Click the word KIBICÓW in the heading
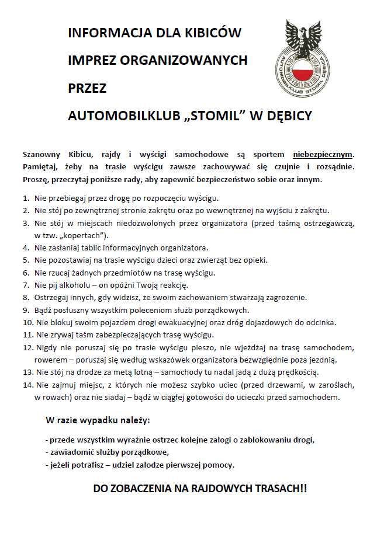click(x=212, y=33)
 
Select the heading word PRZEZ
click(x=87, y=88)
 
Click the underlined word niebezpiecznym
click(x=323, y=155)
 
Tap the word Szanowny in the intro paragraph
click(x=42, y=155)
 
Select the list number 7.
click(x=26, y=285)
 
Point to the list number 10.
click(x=27, y=322)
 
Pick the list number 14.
click(x=27, y=385)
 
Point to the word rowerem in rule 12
click(x=51, y=360)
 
